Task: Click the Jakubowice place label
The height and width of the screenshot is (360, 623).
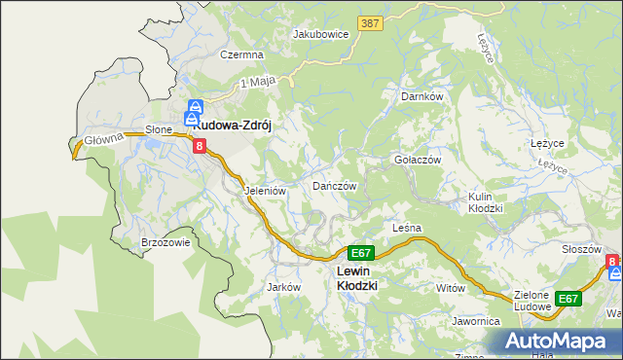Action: (x=320, y=33)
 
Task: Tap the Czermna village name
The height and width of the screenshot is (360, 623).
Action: (x=240, y=55)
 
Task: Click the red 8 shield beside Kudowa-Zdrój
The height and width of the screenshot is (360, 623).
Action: (x=200, y=147)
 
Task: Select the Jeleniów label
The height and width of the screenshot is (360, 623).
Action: (x=265, y=191)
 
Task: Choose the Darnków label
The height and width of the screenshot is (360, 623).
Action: (x=422, y=97)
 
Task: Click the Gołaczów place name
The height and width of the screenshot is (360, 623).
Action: (x=418, y=160)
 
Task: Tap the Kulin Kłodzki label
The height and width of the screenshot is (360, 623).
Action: (x=485, y=202)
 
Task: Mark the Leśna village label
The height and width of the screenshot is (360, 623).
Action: (x=406, y=228)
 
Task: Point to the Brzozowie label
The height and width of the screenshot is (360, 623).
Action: (x=165, y=243)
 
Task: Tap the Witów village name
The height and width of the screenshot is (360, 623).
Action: (x=451, y=288)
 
